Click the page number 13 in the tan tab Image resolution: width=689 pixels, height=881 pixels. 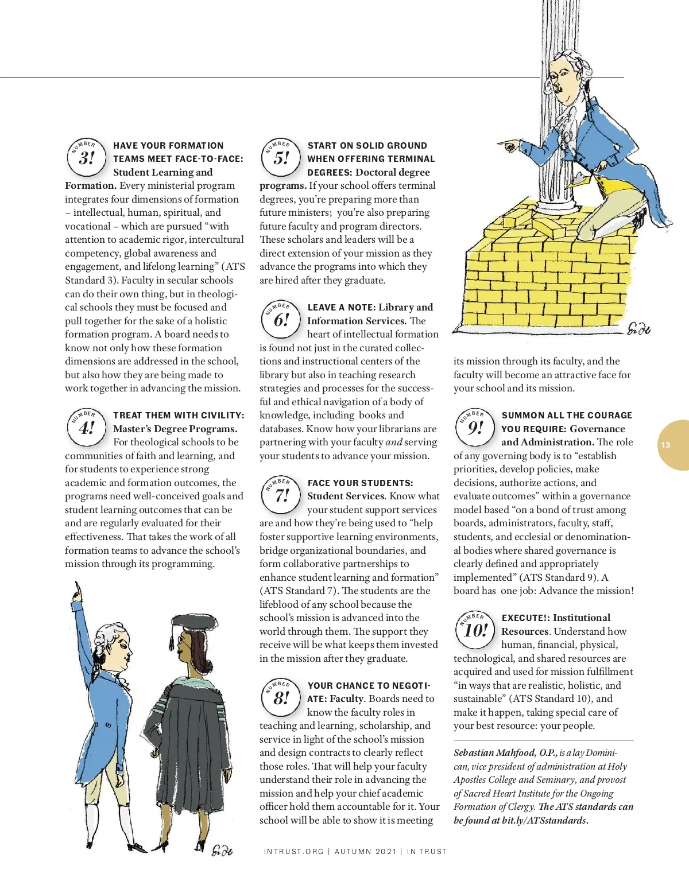point(665,445)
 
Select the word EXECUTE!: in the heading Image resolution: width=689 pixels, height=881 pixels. point(525,618)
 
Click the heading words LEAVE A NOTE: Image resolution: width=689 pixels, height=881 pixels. point(341,308)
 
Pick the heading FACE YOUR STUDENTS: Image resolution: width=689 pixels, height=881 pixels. point(360,483)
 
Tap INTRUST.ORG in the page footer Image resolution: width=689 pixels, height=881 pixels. point(293,852)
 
